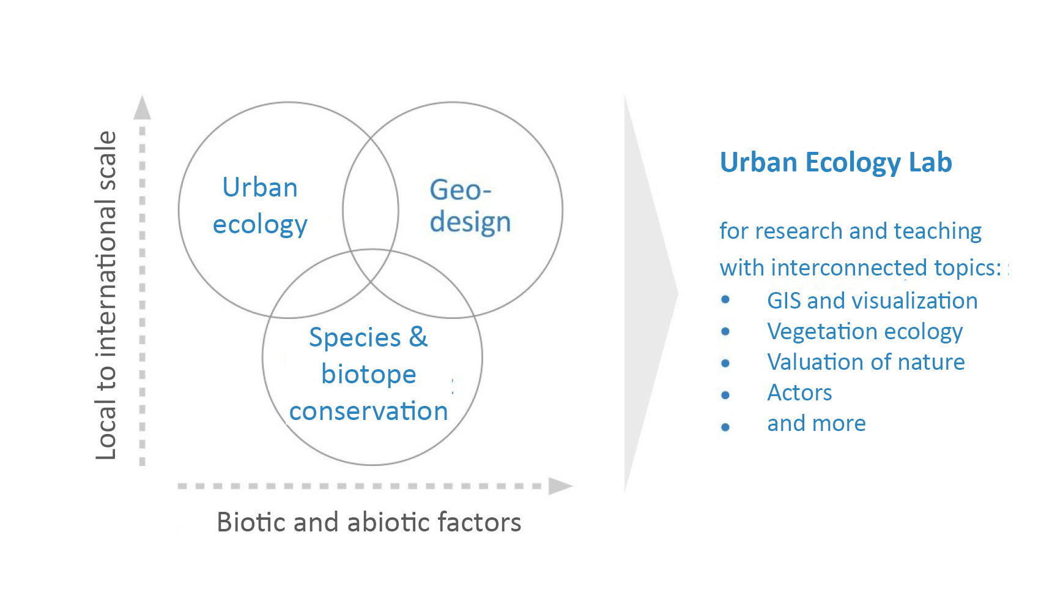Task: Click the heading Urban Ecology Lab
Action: tap(835, 163)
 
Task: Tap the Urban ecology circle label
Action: tap(260, 206)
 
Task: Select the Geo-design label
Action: tap(470, 206)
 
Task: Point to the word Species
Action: tap(355, 338)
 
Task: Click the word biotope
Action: tap(369, 375)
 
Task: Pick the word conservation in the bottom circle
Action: tap(369, 411)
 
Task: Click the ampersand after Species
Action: tap(418, 336)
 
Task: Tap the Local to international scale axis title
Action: tap(106, 295)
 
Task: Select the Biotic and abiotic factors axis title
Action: tap(369, 522)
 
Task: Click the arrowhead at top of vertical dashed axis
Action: tap(143, 107)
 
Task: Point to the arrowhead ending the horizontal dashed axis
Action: tap(560, 486)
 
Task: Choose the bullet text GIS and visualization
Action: tap(872, 301)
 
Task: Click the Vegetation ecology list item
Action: tap(865, 332)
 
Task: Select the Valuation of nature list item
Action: tap(866, 362)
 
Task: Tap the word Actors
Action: tap(799, 392)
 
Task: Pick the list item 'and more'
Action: tap(817, 423)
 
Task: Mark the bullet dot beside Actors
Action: tap(725, 395)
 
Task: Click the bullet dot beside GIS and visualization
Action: tap(725, 299)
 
